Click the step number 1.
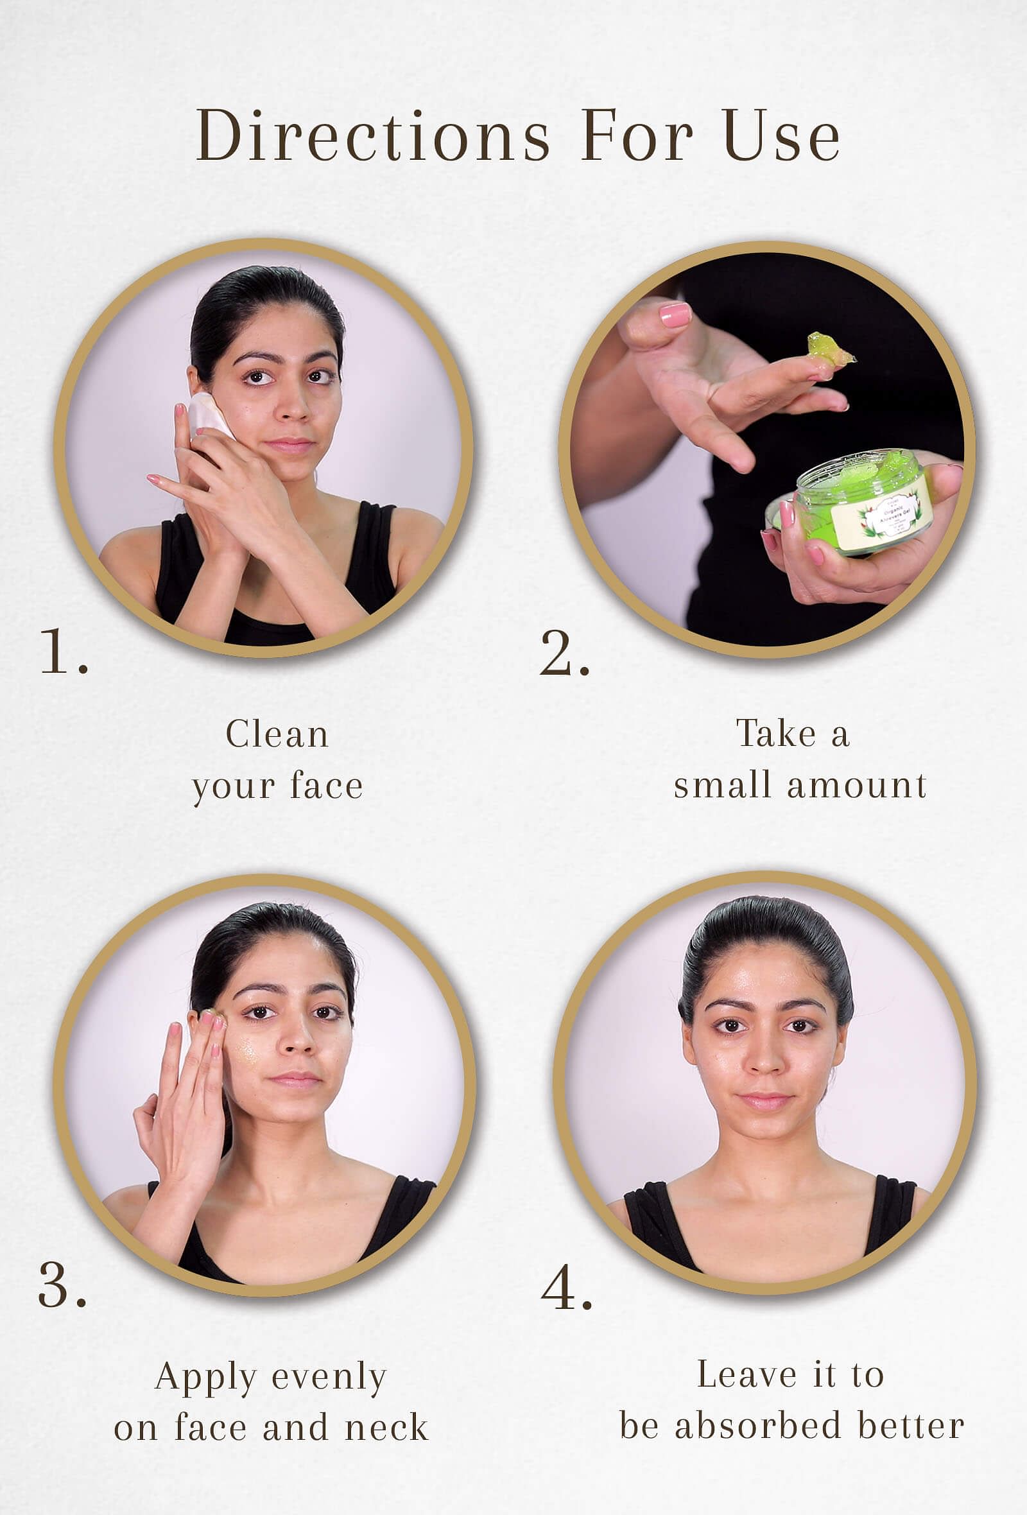click(x=63, y=653)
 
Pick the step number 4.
click(x=565, y=1288)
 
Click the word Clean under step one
click(x=277, y=734)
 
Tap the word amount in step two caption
click(x=857, y=785)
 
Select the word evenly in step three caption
click(x=329, y=1378)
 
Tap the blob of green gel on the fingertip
click(x=829, y=350)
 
